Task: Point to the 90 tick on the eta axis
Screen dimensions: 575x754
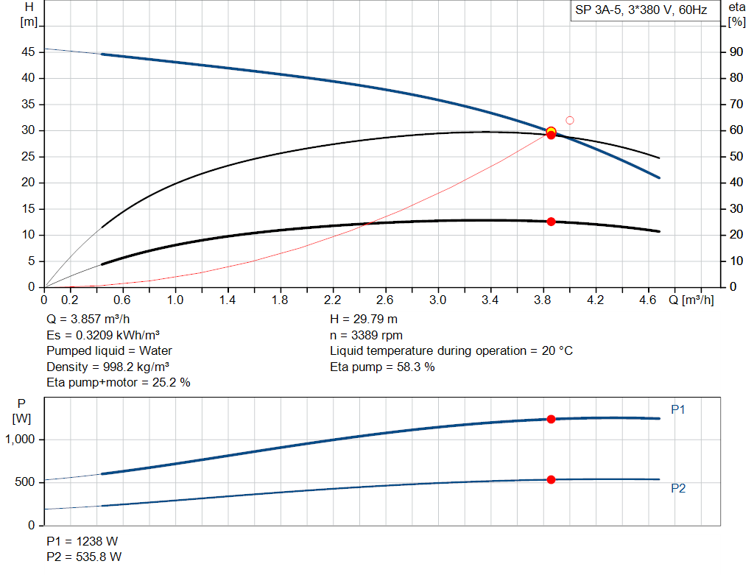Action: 735,52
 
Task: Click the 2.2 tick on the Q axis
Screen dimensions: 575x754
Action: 333,300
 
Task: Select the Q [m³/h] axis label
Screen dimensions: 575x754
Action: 691,300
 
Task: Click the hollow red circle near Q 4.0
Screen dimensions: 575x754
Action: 569,120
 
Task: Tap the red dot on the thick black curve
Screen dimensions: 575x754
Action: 551,222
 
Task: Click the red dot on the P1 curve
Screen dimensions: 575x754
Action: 551,419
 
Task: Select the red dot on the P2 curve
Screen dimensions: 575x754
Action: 551,480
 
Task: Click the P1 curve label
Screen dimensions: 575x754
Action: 677,409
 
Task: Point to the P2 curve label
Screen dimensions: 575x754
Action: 677,488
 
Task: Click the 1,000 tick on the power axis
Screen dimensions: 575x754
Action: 24,440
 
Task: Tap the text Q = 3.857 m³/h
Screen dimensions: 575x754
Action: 88,320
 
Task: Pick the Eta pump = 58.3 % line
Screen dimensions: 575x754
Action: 382,367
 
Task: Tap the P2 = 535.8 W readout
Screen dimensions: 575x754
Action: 84,557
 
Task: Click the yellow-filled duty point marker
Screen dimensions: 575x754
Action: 551,131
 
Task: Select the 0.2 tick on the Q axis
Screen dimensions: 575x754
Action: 70,300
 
